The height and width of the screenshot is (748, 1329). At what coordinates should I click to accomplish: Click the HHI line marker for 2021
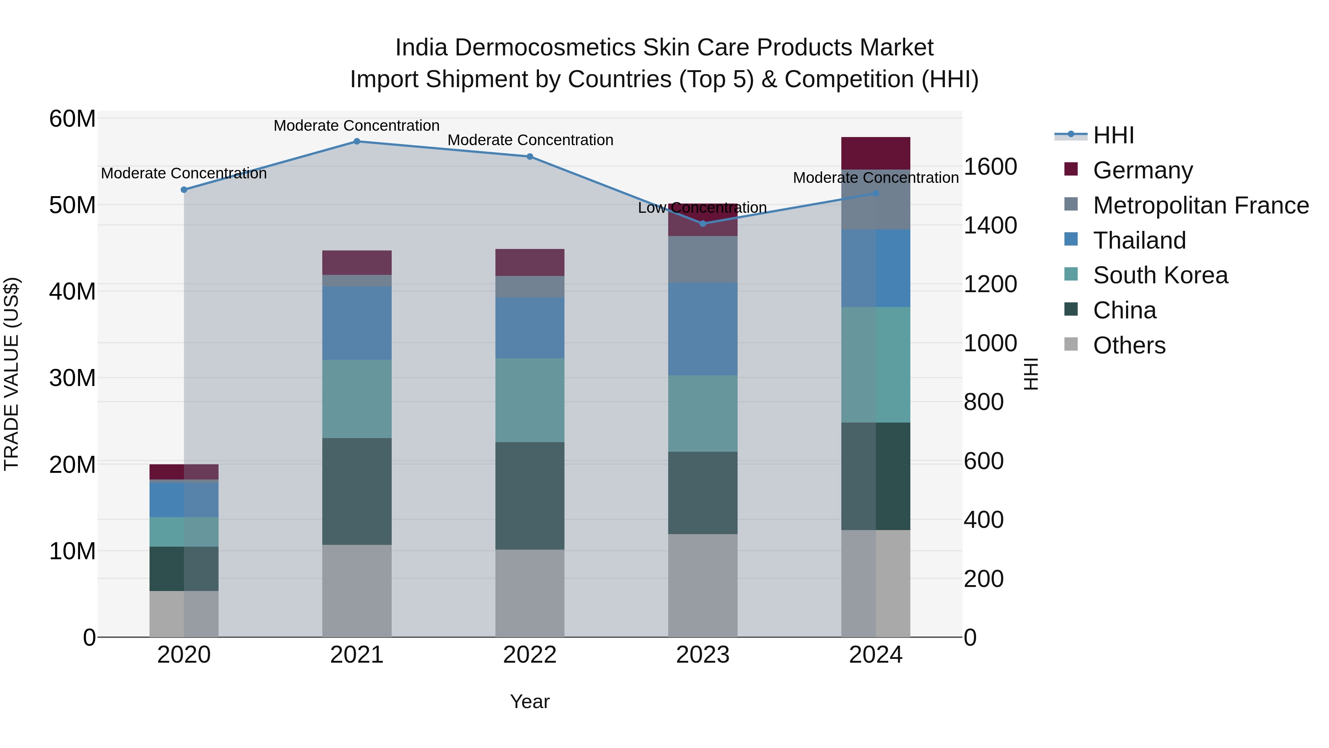coord(357,141)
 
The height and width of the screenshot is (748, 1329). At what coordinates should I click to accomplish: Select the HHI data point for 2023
coord(702,223)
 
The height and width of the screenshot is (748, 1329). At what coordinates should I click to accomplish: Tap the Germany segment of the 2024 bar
coord(876,153)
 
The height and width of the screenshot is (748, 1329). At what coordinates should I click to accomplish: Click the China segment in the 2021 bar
coord(357,491)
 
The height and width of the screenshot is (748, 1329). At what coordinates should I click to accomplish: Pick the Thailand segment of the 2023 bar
coord(702,329)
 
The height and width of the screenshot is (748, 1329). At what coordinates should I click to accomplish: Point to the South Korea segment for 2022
coord(529,400)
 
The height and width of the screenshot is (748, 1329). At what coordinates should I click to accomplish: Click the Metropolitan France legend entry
coord(1201,205)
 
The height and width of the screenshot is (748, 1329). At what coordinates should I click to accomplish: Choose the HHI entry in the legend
coord(1113,135)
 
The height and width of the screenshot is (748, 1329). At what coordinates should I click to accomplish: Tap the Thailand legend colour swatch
coord(1071,239)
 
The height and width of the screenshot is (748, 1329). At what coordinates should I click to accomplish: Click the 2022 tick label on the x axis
coord(529,655)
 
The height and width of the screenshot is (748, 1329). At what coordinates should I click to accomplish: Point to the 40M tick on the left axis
coord(72,292)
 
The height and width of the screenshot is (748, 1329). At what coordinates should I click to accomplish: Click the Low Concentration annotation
coord(702,208)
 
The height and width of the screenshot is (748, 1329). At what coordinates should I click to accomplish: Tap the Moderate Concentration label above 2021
coord(357,126)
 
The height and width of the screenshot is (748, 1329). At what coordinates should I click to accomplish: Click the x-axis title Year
coord(529,701)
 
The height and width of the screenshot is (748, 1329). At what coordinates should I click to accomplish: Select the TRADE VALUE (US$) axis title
coord(11,374)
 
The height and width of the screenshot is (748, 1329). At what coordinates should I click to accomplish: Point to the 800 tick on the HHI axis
coord(983,402)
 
